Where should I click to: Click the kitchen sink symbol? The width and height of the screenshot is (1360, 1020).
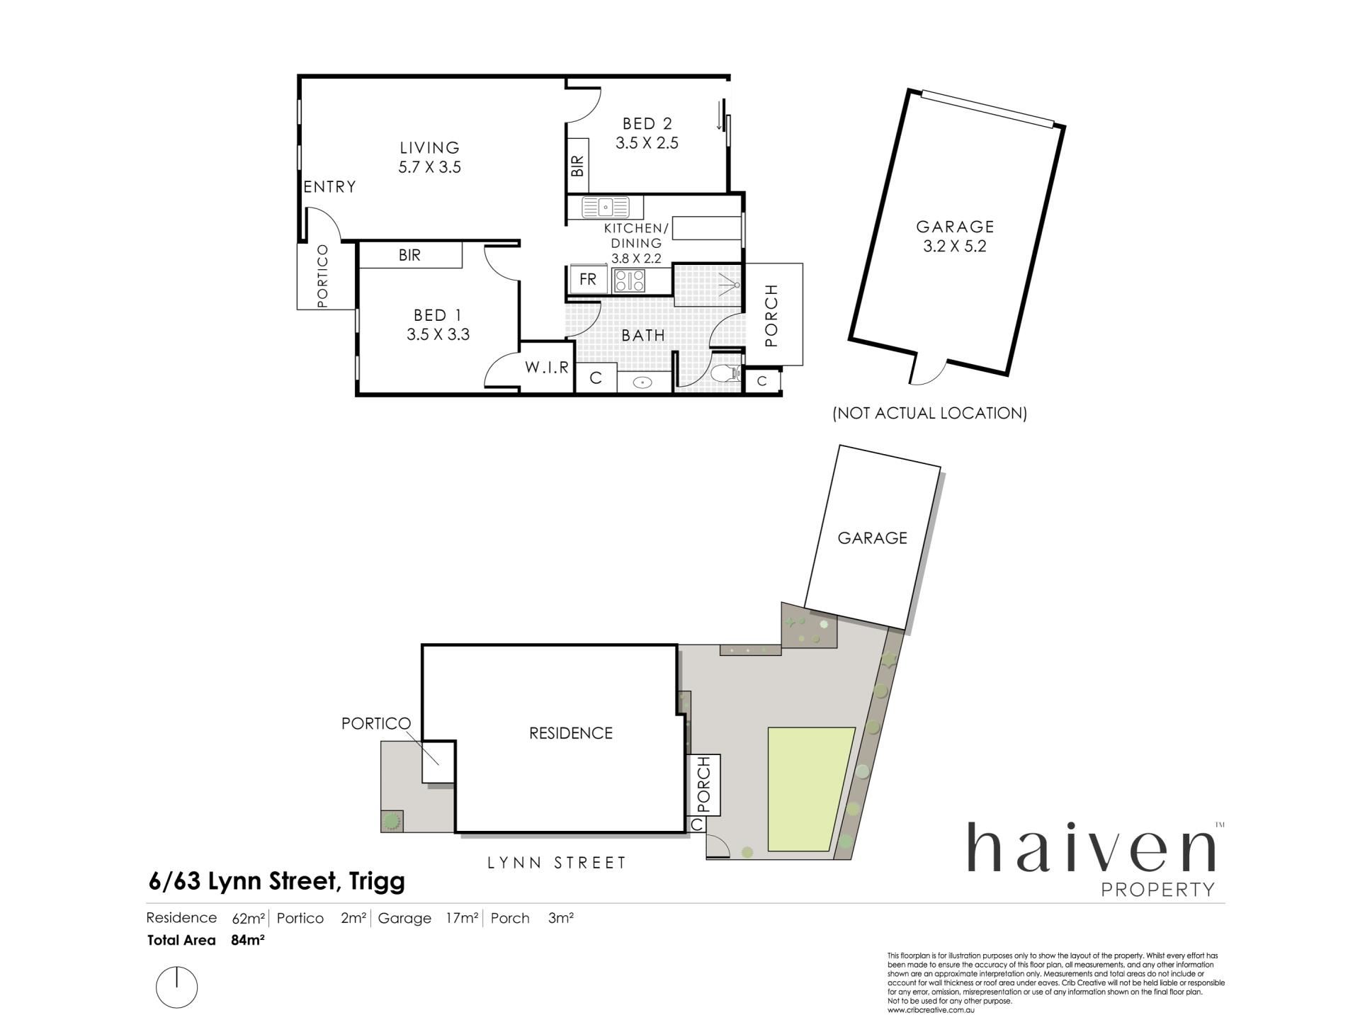click(x=606, y=208)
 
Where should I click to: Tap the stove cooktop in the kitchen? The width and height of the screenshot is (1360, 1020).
click(x=629, y=280)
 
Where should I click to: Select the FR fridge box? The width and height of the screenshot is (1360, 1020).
click(x=588, y=279)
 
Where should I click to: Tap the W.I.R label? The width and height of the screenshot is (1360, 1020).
click(x=547, y=368)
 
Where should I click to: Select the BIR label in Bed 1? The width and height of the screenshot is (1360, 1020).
click(x=409, y=255)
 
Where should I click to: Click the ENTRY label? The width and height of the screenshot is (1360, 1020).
click(x=330, y=187)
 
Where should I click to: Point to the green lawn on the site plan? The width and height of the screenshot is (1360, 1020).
click(x=810, y=788)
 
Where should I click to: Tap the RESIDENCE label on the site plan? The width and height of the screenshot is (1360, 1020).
click(x=571, y=733)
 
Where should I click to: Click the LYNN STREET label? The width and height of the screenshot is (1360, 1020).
click(x=557, y=863)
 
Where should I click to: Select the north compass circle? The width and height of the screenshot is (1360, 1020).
click(x=177, y=987)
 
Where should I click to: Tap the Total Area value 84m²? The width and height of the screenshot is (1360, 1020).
click(x=247, y=941)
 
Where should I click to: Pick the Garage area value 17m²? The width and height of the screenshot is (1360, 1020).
click(x=462, y=919)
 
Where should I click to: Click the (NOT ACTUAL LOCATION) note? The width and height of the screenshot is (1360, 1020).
click(x=929, y=413)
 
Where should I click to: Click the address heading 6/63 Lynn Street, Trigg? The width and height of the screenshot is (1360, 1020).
click(x=276, y=882)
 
